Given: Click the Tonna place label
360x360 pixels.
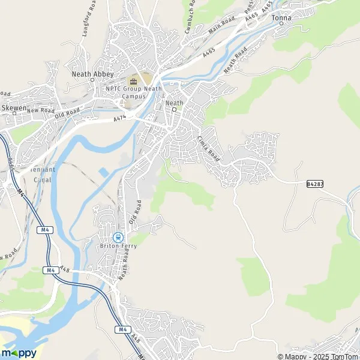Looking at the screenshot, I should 281,18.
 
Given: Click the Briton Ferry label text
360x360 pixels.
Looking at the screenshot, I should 117,245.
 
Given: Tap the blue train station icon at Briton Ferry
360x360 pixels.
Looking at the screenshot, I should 118,237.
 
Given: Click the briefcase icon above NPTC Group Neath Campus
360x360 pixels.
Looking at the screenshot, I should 134,81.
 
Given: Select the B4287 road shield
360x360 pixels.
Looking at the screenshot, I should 314,183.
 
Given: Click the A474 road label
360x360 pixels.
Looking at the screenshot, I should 121,119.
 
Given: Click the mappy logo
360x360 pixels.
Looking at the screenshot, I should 19,352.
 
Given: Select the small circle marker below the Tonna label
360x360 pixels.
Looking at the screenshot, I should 281,25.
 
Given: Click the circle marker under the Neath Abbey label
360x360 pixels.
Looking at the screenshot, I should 94,80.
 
